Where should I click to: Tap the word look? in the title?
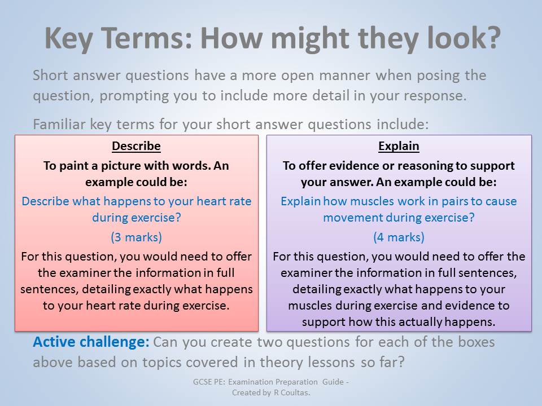[x=464, y=37]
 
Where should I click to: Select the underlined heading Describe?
[x=136, y=147]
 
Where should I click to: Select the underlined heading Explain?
[x=399, y=147]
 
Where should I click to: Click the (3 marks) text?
[x=136, y=237]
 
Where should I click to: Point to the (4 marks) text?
[x=399, y=237]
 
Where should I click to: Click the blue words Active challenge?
[x=91, y=342]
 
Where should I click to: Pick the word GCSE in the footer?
[x=201, y=382]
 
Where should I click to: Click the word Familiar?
[x=59, y=124]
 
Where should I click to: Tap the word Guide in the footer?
[x=333, y=382]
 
